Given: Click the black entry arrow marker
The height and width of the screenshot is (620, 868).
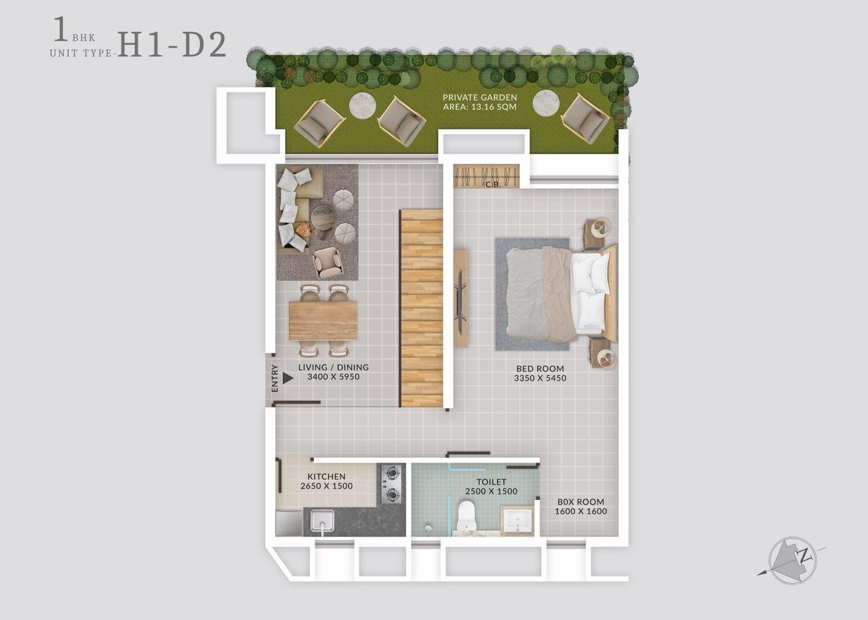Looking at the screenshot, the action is point(288,379).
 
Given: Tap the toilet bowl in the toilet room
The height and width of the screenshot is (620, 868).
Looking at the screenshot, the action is point(465,515).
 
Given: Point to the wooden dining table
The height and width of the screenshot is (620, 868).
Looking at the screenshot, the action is point(323,321).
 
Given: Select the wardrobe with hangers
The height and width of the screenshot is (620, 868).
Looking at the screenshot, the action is point(486,176).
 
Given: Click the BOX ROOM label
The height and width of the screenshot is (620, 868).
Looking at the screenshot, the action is point(580,502).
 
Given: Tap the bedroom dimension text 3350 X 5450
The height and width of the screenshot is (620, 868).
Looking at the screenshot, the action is point(540,379).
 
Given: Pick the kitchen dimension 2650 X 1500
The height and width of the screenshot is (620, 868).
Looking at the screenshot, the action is point(327,486).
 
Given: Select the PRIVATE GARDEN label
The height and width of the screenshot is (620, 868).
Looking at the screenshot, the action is point(479,97).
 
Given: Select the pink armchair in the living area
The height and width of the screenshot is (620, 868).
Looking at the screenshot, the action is point(328,263).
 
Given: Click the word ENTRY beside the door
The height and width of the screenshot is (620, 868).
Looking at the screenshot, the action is point(275,379).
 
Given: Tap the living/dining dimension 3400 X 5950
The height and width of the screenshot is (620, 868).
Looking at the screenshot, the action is point(334,376).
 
